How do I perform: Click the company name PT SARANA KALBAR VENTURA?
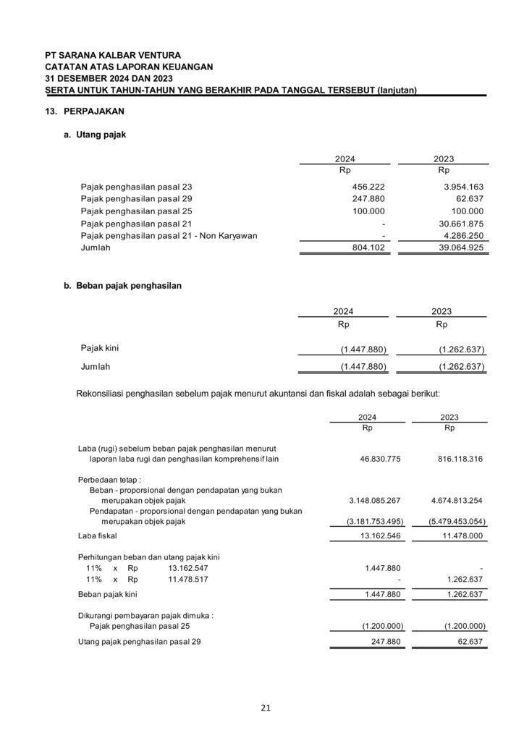[x=112, y=55]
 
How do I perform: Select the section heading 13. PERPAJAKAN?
[x=84, y=113]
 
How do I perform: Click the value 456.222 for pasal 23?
[x=368, y=187]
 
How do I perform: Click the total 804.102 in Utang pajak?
[x=368, y=248]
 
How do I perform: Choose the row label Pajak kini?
[x=100, y=348]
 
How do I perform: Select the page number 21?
[x=266, y=708]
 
